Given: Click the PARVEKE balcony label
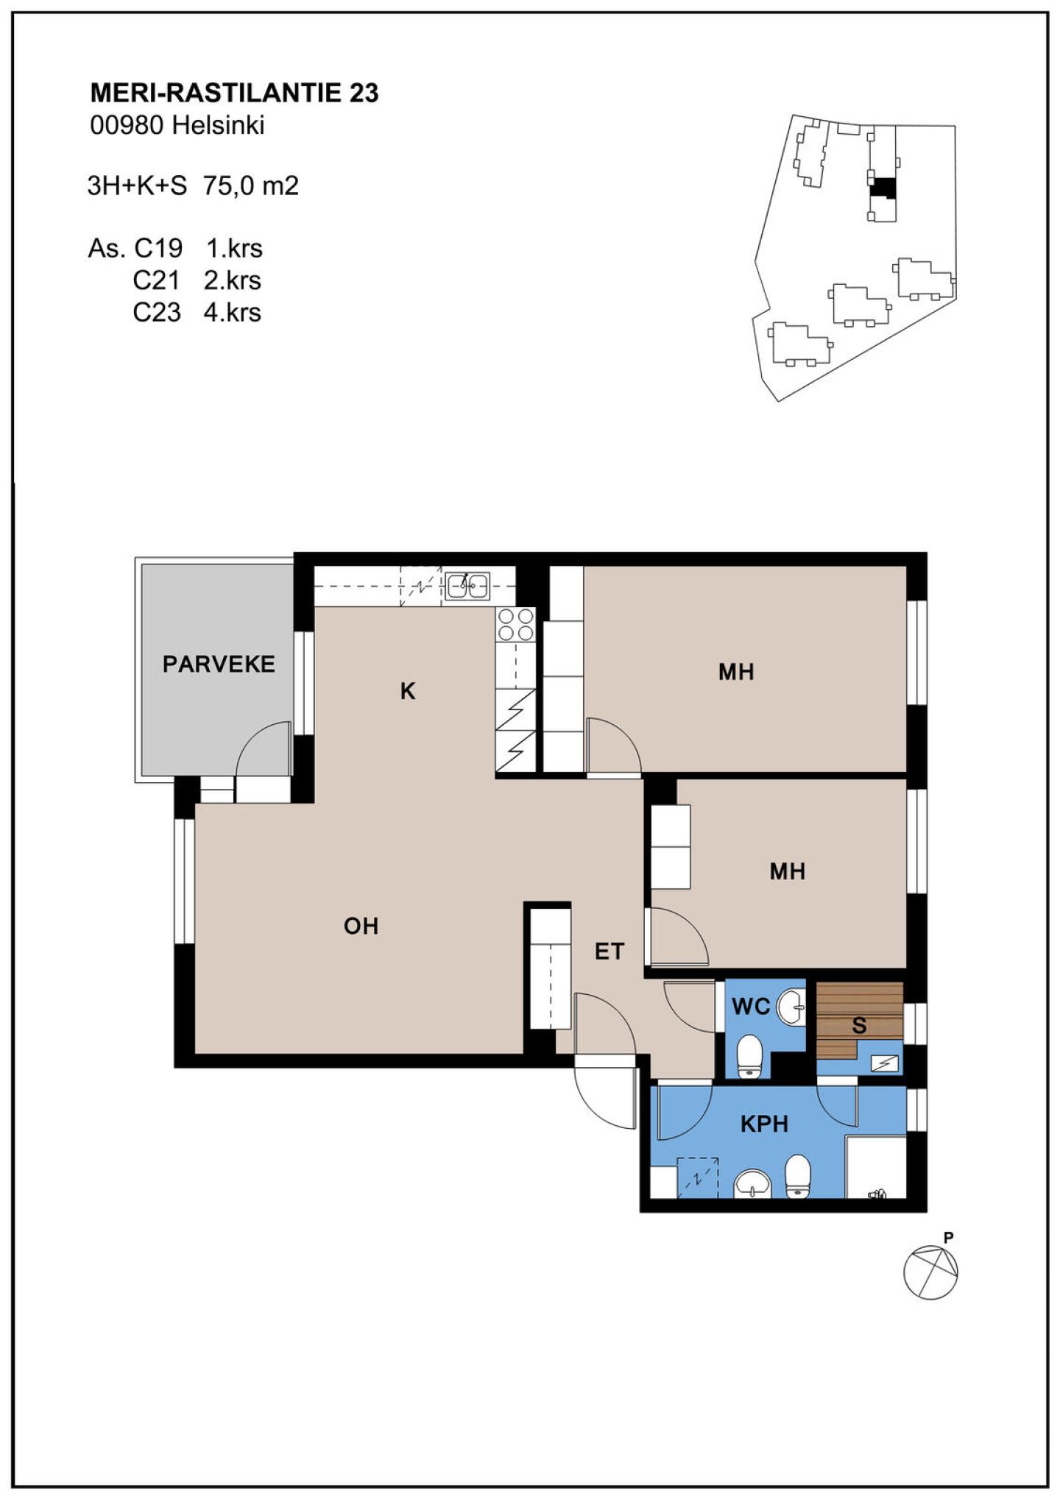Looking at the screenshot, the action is pos(219,664).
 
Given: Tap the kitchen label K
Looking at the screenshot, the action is pos(408,691).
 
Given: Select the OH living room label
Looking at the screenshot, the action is pos(361,926).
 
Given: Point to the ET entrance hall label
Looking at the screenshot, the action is pos(609,952).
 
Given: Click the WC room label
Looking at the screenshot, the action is pos(751,1006).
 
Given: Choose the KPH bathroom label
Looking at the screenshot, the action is pos(764,1124).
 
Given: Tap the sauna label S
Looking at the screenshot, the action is pos(859,1025).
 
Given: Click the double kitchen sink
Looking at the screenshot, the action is pos(467,586).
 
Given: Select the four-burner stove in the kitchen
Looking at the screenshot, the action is pos(515,625).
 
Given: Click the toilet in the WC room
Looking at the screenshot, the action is pos(749,1057).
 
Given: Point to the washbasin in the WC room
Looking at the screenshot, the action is pos(791,1007).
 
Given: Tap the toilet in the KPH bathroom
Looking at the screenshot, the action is pos(798,1174).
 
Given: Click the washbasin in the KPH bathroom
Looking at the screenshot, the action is pos(752,1183).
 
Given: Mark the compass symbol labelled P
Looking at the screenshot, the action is pos(931,1272).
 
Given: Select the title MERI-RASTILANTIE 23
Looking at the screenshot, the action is pos(234,93).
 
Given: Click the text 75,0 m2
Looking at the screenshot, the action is pos(251,185).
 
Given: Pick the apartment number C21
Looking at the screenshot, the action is pos(157,280).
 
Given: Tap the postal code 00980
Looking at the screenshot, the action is pos(127,125).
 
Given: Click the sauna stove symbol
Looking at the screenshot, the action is pos(884,1063).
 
